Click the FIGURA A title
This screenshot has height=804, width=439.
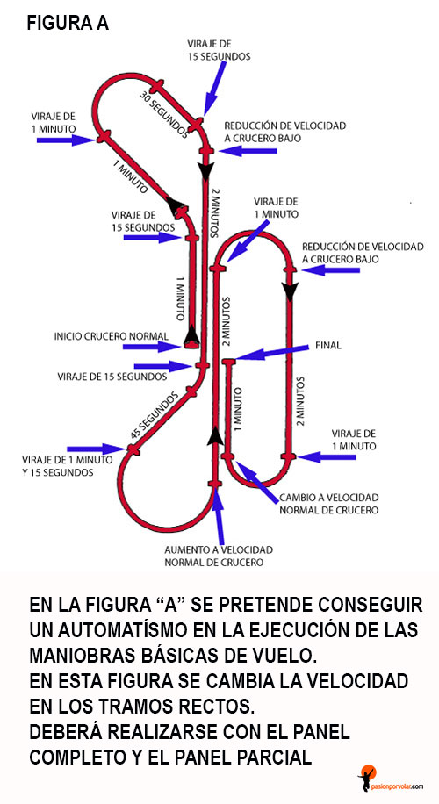[x=68, y=23]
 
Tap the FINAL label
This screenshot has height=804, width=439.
[x=327, y=346]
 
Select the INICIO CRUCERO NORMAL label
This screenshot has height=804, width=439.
[x=112, y=336]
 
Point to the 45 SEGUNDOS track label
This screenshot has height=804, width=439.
[x=155, y=415]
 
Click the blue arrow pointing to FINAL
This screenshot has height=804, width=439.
[x=272, y=353]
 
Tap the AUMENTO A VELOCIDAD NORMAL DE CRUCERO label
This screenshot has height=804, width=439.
[x=219, y=556]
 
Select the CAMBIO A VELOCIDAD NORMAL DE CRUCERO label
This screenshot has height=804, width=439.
[x=328, y=504]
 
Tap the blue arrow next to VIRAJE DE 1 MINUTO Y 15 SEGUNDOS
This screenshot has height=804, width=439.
[x=97, y=449]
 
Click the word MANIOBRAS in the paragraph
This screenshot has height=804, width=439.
[x=85, y=656]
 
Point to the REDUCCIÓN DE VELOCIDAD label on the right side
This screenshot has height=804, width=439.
[x=363, y=253]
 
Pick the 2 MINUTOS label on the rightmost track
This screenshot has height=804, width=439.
[x=301, y=401]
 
